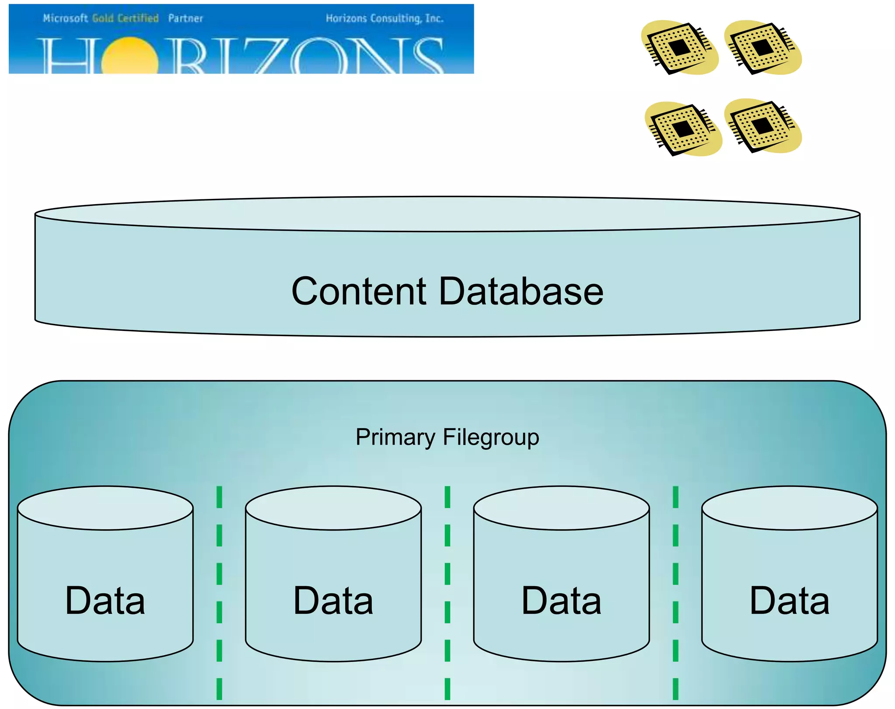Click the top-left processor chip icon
click(x=678, y=48)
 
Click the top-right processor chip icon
click(x=762, y=48)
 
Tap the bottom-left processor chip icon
click(x=682, y=129)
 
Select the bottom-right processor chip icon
click(x=762, y=126)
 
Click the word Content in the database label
click(x=358, y=292)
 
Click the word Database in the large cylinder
click(x=521, y=292)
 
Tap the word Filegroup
click(x=491, y=438)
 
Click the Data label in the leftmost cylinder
click(x=105, y=601)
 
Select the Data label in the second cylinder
click(x=333, y=601)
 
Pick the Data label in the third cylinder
click(x=561, y=601)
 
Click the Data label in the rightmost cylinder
click(x=789, y=601)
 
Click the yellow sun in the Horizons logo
click(x=129, y=57)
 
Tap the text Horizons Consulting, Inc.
click(x=385, y=18)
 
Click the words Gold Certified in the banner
click(x=125, y=18)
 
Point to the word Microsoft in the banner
click(x=66, y=18)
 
